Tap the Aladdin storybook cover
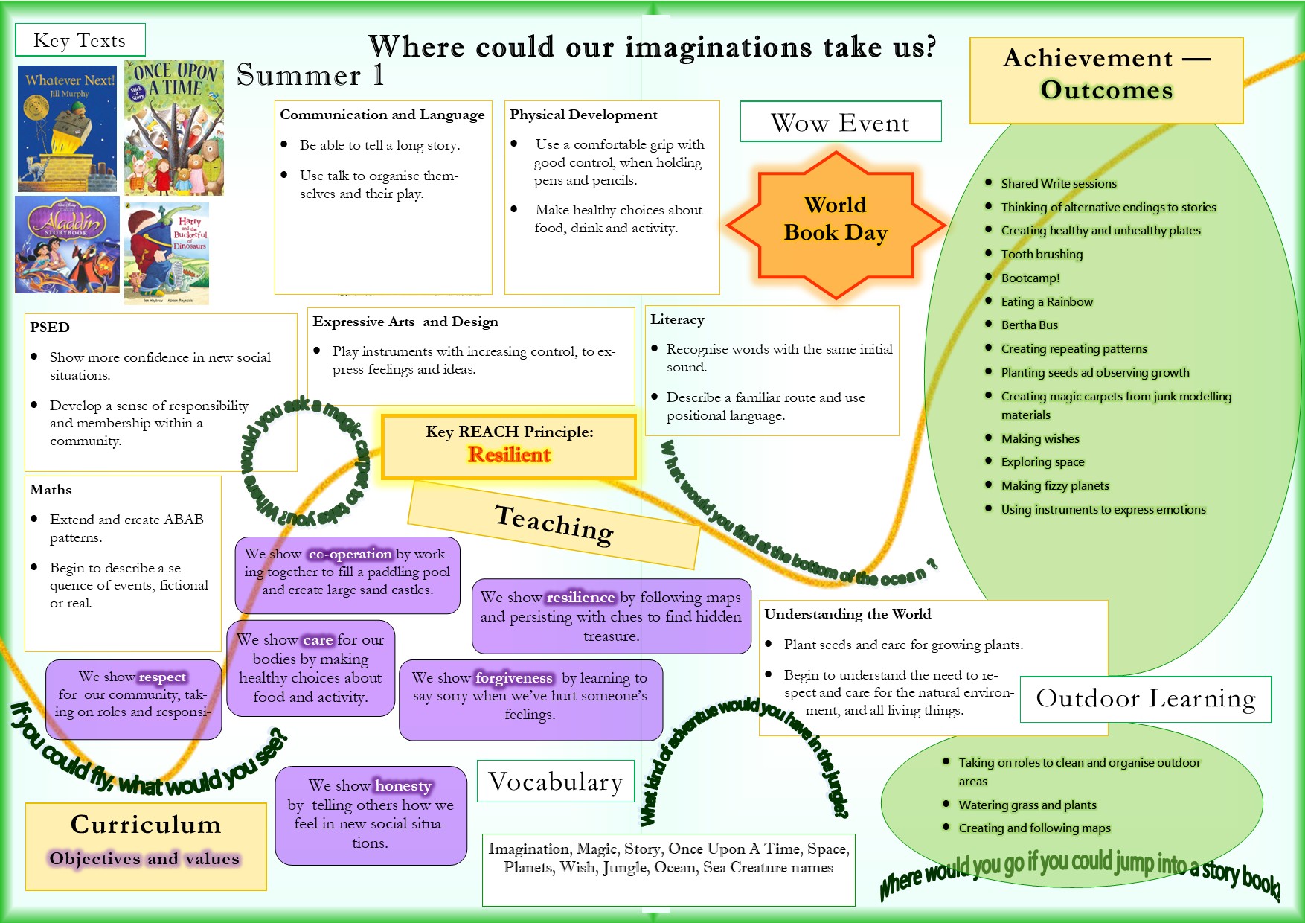67,245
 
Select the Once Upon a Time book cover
174,128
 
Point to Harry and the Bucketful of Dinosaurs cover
167,254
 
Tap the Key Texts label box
80,40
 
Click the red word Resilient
509,455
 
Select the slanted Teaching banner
554,524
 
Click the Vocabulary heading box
555,782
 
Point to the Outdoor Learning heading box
1145,698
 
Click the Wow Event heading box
840,122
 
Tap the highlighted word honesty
403,786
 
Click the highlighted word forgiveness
513,678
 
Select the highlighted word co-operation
350,554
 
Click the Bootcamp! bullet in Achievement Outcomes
1030,278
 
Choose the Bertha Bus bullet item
1029,325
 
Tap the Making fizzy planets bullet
1054,486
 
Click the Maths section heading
51,490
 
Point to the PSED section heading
50,328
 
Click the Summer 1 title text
310,76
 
